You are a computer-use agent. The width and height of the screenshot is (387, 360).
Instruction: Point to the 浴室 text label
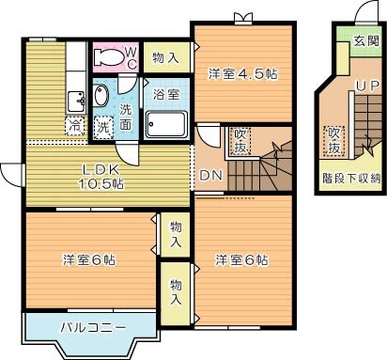coord(166,94)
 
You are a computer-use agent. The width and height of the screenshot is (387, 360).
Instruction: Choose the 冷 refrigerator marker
coord(73,124)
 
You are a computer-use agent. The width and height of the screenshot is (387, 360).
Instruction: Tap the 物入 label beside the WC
coord(166,58)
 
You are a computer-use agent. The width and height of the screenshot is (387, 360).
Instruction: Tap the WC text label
coord(132,56)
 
